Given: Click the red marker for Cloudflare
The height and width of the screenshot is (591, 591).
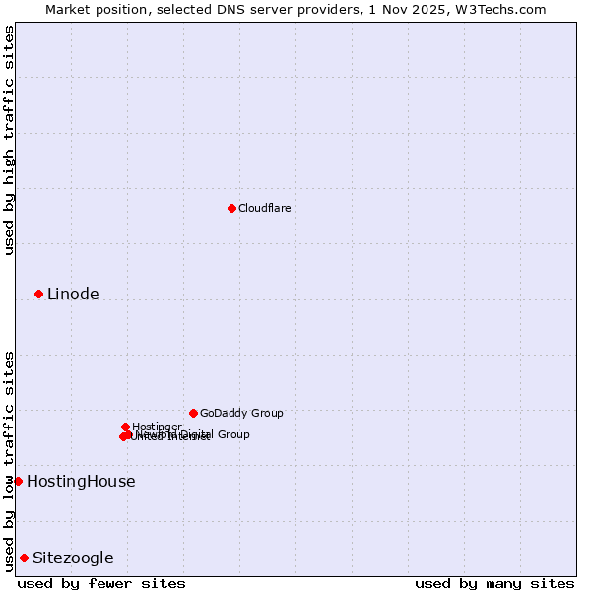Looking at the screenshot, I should [231, 208].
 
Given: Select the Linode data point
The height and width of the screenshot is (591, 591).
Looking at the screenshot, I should [38, 294].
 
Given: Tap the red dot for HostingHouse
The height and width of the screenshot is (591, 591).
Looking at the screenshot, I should [18, 481].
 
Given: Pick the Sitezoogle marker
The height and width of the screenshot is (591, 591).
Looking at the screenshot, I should [24, 558].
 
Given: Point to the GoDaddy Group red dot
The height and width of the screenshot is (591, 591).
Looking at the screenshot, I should [193, 413].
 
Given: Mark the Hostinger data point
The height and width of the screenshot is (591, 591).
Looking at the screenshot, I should [125, 427].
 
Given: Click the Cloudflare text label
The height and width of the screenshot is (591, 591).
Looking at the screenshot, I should [264, 208].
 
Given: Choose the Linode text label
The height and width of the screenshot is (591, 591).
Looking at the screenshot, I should [73, 294].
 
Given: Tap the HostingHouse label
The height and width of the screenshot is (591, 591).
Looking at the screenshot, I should [81, 481].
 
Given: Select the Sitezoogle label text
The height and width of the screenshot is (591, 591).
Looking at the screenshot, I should [73, 558].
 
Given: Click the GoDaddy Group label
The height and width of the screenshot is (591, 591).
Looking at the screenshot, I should [241, 413].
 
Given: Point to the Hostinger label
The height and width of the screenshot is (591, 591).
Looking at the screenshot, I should [157, 427].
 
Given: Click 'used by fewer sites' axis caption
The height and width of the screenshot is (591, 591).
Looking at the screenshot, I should [101, 583].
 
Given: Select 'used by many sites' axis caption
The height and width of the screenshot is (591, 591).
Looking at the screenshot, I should [494, 583].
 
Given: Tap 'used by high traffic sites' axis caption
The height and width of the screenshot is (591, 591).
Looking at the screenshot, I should [9, 140].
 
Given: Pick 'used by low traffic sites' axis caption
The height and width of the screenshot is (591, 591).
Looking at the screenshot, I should [9, 460].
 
